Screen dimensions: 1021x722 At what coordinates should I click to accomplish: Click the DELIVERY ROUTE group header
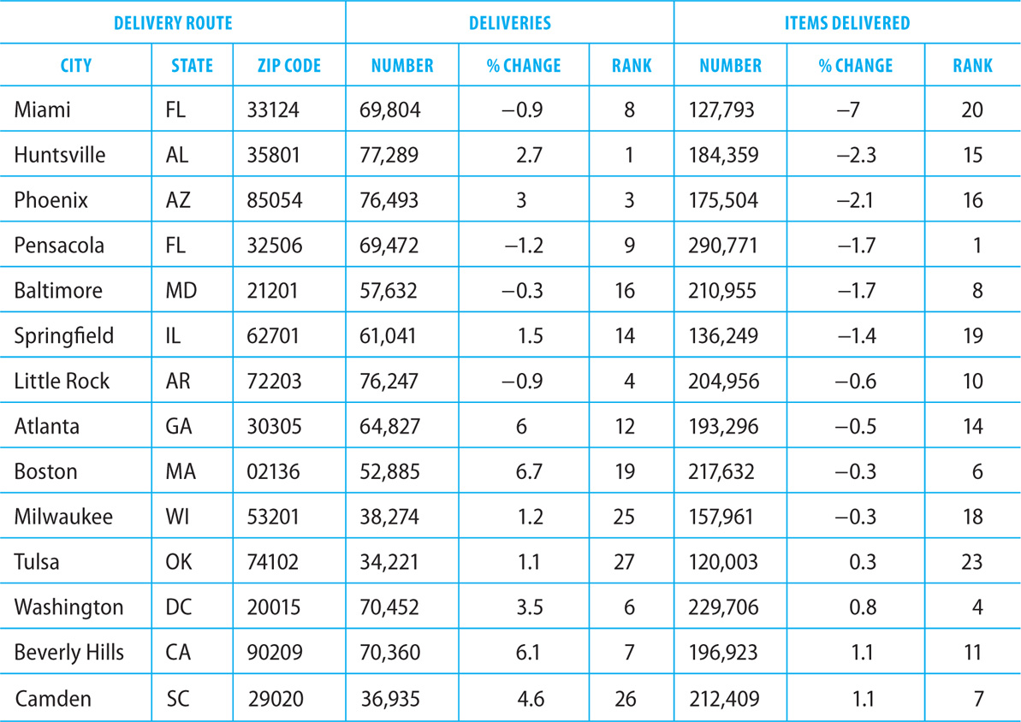click(x=173, y=23)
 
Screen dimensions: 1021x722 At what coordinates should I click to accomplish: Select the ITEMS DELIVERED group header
click(x=846, y=23)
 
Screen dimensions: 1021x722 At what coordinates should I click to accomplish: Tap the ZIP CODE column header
click(x=289, y=66)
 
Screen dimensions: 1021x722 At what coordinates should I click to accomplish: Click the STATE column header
click(x=192, y=66)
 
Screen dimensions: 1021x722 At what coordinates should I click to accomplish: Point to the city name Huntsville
click(x=59, y=155)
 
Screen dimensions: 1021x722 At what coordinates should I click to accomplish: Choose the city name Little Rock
click(x=62, y=381)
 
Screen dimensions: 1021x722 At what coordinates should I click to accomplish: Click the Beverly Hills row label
click(x=69, y=653)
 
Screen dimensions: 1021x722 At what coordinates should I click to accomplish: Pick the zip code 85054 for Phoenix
click(x=275, y=200)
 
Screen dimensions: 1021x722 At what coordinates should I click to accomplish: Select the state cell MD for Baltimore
click(x=181, y=290)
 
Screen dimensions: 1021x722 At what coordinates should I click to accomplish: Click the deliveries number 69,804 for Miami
click(x=390, y=110)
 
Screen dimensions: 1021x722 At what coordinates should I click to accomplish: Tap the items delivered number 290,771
click(x=723, y=246)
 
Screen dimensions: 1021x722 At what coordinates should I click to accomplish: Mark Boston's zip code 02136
click(x=274, y=471)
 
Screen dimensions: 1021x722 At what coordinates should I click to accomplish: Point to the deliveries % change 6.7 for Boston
click(x=529, y=471)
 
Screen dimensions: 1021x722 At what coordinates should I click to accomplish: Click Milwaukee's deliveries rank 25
click(x=624, y=517)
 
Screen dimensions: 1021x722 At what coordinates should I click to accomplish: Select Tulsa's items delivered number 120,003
click(x=723, y=562)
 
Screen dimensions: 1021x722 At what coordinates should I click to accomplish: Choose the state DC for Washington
click(x=179, y=607)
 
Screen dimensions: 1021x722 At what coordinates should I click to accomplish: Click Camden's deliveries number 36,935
click(x=391, y=699)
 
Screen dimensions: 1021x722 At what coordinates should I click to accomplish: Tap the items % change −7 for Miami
click(x=848, y=110)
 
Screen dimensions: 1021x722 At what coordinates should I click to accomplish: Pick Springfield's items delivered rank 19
click(x=973, y=336)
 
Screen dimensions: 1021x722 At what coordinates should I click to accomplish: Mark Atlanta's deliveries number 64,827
click(x=390, y=426)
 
